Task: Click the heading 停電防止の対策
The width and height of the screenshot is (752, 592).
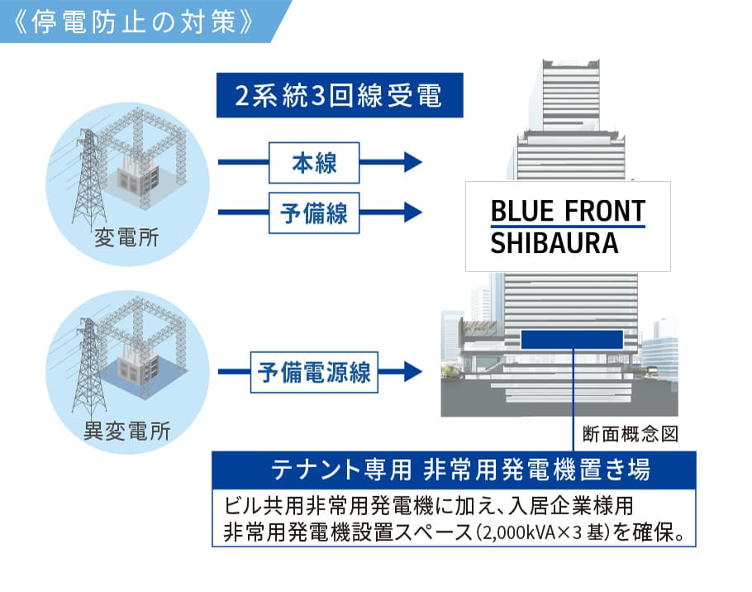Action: click(133, 20)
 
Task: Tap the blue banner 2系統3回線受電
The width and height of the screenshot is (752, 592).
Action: click(337, 97)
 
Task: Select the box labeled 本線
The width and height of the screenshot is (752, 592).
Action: click(315, 163)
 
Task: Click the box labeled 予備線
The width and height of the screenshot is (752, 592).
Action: click(315, 212)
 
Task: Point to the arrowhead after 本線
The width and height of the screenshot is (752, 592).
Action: click(412, 163)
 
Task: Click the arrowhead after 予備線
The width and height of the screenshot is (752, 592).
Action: click(412, 212)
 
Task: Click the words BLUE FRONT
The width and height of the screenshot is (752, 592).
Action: click(567, 211)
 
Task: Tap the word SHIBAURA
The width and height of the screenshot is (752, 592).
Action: click(554, 244)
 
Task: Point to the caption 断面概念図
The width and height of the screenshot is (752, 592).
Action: click(631, 434)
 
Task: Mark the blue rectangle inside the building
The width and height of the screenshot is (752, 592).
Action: click(572, 339)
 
